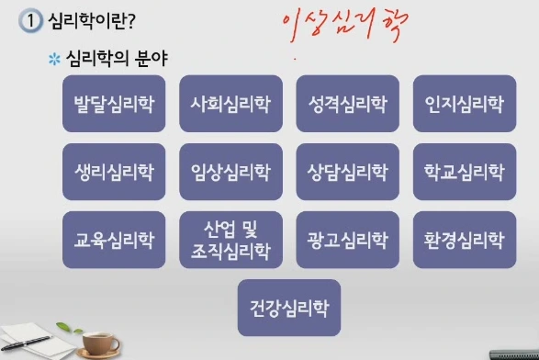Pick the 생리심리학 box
(114, 172)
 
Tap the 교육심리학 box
(114, 240)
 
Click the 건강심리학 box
(288, 307)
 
